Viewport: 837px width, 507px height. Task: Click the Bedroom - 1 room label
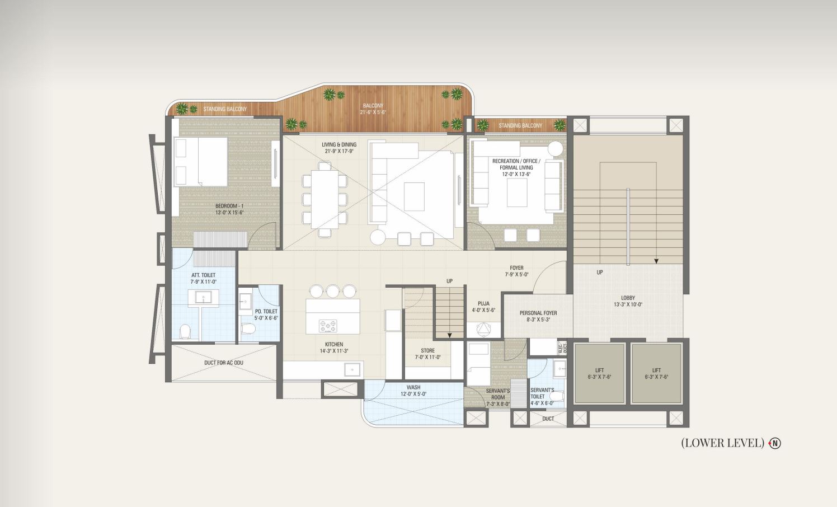pyautogui.click(x=229, y=206)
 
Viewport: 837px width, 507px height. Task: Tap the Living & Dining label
pyautogui.click(x=339, y=144)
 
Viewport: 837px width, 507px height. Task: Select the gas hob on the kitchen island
pyautogui.click(x=328, y=326)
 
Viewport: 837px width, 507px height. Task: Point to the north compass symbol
pyautogui.click(x=775, y=443)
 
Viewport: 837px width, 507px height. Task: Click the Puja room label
pyautogui.click(x=483, y=304)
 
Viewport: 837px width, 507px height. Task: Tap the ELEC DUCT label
pyautogui.click(x=562, y=348)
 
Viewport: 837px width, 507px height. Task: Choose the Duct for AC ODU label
pyautogui.click(x=223, y=363)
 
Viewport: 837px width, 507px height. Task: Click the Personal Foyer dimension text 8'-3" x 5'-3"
pyautogui.click(x=538, y=320)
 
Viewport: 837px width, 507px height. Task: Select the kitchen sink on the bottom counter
pyautogui.click(x=352, y=369)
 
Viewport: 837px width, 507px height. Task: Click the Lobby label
pyautogui.click(x=628, y=298)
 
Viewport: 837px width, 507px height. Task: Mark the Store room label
pyautogui.click(x=427, y=350)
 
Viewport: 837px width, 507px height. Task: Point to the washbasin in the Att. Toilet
pyautogui.click(x=203, y=297)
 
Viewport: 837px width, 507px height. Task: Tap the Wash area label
pyautogui.click(x=413, y=387)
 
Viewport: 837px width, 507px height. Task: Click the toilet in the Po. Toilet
pyautogui.click(x=248, y=329)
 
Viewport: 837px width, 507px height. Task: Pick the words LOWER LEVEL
pyautogui.click(x=723, y=443)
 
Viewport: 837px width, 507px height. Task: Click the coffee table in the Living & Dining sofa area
pyautogui.click(x=414, y=196)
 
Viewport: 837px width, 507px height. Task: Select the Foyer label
pyautogui.click(x=517, y=268)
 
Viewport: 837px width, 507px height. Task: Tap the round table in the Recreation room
pyautogui.click(x=555, y=149)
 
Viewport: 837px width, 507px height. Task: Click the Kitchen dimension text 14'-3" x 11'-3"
pyautogui.click(x=333, y=351)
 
